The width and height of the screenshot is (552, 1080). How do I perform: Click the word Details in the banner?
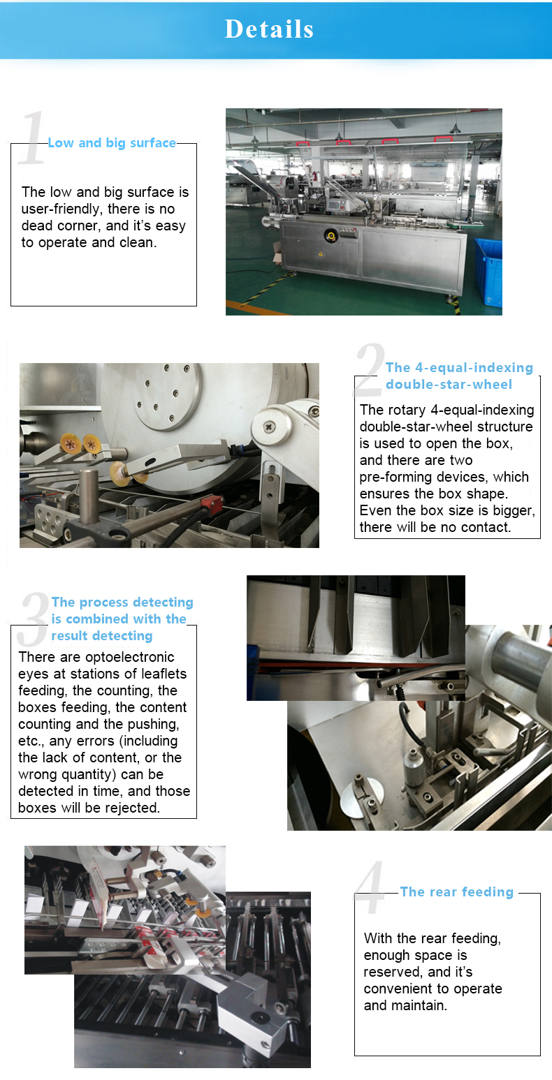[x=269, y=29]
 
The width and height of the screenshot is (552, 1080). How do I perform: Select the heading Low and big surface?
[x=112, y=143]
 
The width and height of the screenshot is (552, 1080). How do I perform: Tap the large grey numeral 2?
[x=370, y=370]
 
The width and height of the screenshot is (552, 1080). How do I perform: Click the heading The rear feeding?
[x=456, y=892]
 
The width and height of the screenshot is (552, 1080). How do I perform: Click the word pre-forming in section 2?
[x=393, y=477]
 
